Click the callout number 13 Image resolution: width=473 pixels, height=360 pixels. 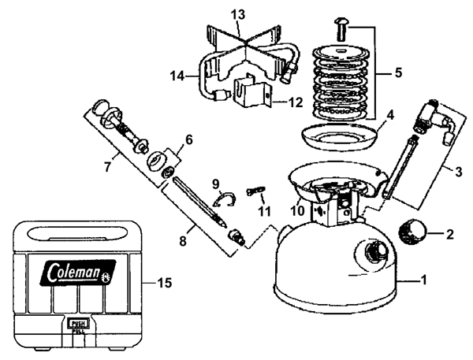[238, 15]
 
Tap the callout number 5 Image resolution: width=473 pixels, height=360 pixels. [398, 72]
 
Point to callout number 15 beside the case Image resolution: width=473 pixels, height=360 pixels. [165, 283]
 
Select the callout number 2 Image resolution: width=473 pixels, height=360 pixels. [449, 234]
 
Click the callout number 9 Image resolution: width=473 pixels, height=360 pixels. [215, 184]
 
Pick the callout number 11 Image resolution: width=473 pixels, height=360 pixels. [264, 212]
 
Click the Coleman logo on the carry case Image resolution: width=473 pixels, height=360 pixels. [78, 273]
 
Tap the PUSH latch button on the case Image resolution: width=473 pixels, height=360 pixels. [79, 324]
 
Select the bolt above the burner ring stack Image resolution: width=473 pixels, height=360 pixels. [341, 30]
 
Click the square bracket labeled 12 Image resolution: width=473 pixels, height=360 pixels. [252, 92]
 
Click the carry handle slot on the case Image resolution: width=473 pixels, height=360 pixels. [78, 234]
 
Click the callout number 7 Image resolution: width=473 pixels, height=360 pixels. [108, 166]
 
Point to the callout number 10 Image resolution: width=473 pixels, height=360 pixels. [297, 211]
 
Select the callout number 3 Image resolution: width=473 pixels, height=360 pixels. [458, 172]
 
